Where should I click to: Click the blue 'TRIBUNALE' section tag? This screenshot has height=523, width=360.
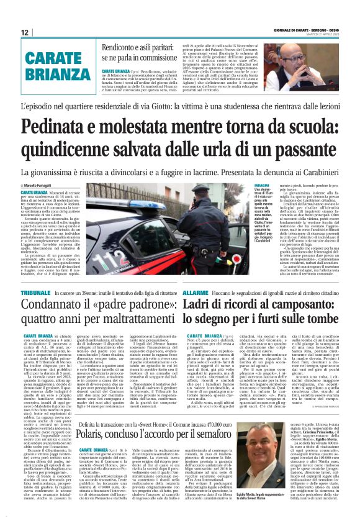coord(35,291)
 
